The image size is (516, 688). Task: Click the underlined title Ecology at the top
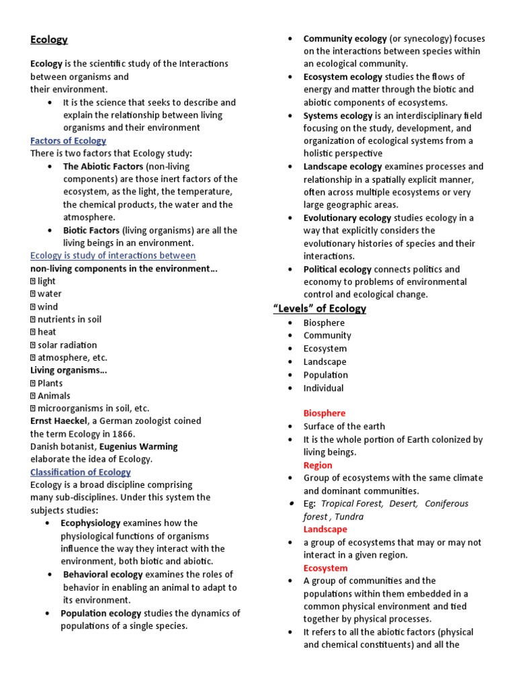click(49, 40)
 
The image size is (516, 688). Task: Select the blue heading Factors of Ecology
click(68, 140)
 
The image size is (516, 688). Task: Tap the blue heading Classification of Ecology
click(81, 472)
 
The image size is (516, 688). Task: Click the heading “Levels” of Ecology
click(319, 308)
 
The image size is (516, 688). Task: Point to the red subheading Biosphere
click(325, 413)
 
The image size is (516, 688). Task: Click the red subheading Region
click(318, 465)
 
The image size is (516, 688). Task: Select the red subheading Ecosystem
click(325, 568)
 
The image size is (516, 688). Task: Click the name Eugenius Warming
click(138, 447)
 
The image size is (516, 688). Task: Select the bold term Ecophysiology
click(91, 523)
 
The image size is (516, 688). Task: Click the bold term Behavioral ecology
click(103, 575)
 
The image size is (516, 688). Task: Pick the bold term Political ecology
click(337, 269)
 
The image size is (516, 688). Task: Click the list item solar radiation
click(67, 345)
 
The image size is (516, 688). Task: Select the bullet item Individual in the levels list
click(323, 388)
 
